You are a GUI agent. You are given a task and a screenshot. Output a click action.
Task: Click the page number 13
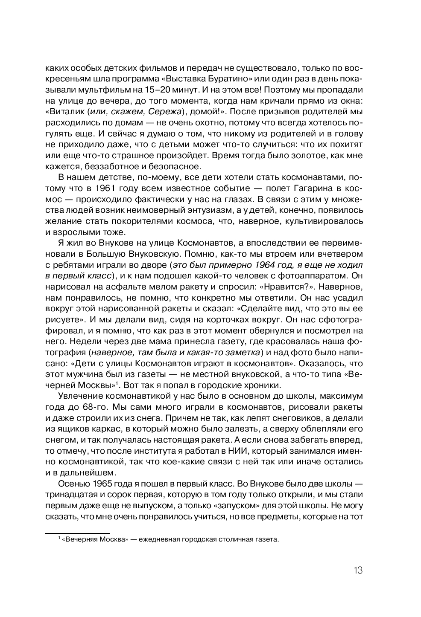pyautogui.click(x=358, y=570)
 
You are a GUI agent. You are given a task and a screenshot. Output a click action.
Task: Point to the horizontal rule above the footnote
pyautogui.click(x=77, y=533)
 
